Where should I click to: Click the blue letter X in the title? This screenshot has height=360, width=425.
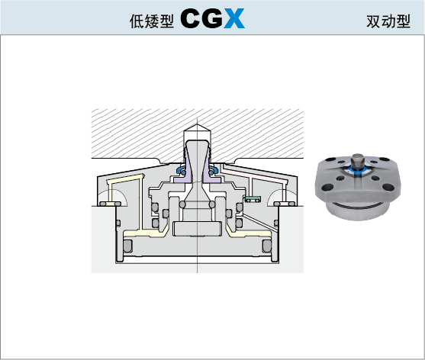pos(234,18)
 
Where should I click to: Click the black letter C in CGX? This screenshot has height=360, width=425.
pos(191,18)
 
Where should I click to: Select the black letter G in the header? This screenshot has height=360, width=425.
pos(212,18)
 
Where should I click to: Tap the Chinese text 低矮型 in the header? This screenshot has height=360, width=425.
pos(152,21)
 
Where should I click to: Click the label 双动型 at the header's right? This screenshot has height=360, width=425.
pos(388,21)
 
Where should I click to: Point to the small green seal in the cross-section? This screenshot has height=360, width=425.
pos(253,199)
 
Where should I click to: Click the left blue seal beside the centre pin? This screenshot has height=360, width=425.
pos(181,171)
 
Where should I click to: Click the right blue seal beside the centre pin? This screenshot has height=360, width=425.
pos(214,171)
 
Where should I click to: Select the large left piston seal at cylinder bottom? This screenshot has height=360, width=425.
pos(127,246)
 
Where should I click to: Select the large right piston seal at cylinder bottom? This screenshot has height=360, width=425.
pos(267,246)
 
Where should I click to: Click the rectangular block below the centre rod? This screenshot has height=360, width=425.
pos(198,229)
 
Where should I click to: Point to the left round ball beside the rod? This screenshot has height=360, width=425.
pos(182,204)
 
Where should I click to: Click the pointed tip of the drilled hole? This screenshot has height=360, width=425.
pos(198,124)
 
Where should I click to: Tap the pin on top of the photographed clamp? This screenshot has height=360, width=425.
pos(358,162)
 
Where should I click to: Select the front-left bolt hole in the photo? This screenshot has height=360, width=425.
pos(328,187)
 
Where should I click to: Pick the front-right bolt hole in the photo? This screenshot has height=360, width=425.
pos(388,187)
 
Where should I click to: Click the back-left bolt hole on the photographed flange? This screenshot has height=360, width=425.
pos(331,160)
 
